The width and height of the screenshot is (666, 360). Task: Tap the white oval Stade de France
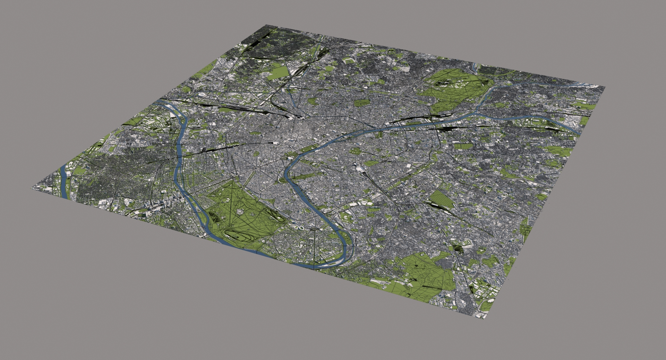click(x=201, y=94)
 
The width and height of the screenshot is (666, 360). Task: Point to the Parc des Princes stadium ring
click(x=300, y=228)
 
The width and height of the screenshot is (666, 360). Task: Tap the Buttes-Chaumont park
click(x=312, y=101)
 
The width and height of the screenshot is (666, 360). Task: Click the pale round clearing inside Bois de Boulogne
click(x=239, y=211)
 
